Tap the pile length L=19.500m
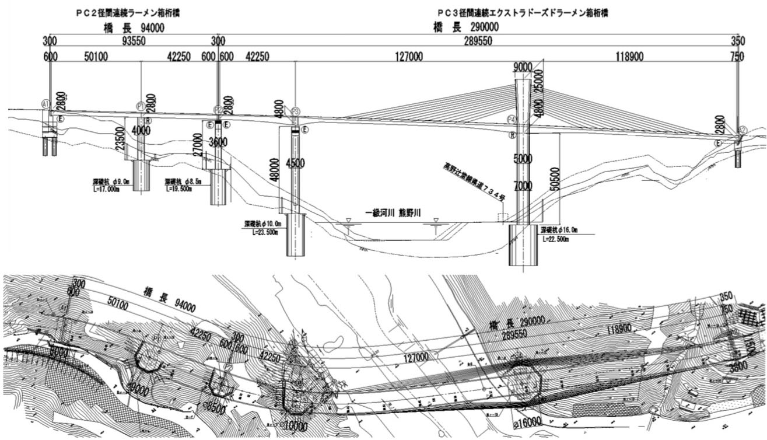(179, 188)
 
